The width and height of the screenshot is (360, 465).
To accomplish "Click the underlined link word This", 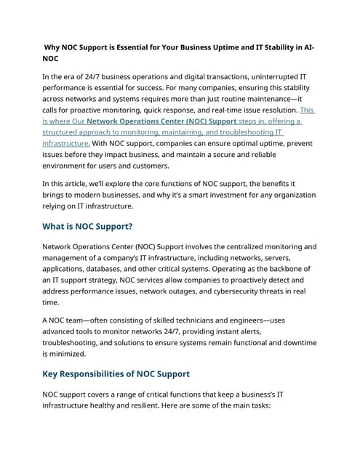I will point(307,110).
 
